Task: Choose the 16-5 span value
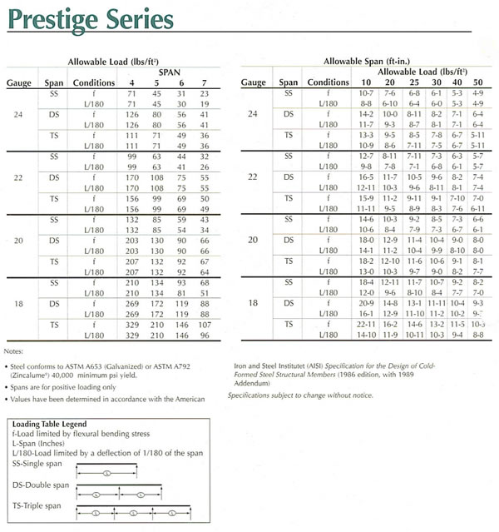364,177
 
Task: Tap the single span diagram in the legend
108,474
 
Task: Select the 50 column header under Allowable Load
477,83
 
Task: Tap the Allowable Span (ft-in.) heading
364,62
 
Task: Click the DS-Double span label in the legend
41,485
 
